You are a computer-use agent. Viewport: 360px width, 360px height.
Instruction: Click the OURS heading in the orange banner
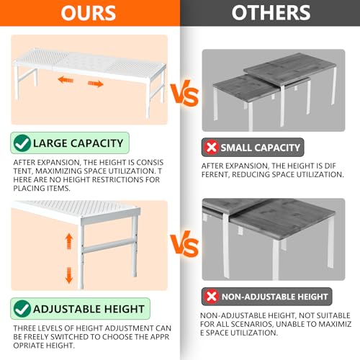(x=89, y=13)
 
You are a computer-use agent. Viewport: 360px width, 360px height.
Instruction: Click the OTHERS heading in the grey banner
(x=271, y=13)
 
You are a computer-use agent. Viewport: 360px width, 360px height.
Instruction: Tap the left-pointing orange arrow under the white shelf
(x=66, y=80)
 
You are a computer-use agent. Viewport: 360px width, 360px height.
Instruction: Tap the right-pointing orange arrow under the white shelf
(x=96, y=84)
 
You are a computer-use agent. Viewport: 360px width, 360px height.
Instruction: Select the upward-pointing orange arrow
(x=69, y=241)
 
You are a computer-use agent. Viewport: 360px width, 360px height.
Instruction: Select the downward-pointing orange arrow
(x=69, y=275)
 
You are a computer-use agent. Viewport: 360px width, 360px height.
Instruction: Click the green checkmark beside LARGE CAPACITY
(x=22, y=143)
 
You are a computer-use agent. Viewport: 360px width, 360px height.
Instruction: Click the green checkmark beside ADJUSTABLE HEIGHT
(x=22, y=309)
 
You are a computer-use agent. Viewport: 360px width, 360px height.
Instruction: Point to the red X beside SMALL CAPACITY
(x=211, y=147)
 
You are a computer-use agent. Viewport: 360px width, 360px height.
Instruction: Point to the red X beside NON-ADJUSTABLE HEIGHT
(x=211, y=297)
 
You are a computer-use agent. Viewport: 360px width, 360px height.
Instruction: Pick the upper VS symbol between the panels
(x=185, y=93)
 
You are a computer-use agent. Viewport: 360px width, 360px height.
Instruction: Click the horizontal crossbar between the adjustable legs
(x=109, y=246)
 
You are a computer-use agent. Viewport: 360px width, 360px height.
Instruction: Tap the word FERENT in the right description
(x=215, y=174)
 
